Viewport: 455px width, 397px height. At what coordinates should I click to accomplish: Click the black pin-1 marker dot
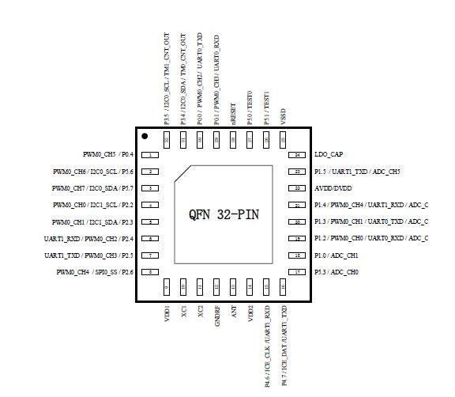pos(145,137)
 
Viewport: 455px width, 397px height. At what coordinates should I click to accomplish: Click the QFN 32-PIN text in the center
pos(224,215)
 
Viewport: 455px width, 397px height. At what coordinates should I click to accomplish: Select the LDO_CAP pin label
pos(330,155)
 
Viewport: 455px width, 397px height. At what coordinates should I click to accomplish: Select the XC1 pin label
pos(183,311)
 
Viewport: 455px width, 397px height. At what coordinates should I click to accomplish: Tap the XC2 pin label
pos(200,311)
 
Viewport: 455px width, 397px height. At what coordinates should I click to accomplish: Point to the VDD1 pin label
pos(167,312)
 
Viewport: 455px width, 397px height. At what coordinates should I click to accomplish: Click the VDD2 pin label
pos(250,312)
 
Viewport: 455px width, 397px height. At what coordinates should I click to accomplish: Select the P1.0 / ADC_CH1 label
pos(338,255)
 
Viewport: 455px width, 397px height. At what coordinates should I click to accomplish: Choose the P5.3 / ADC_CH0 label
pos(338,272)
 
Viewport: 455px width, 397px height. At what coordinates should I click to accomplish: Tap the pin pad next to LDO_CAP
pos(298,155)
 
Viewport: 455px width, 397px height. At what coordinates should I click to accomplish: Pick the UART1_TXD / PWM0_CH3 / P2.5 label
pos(88,255)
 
